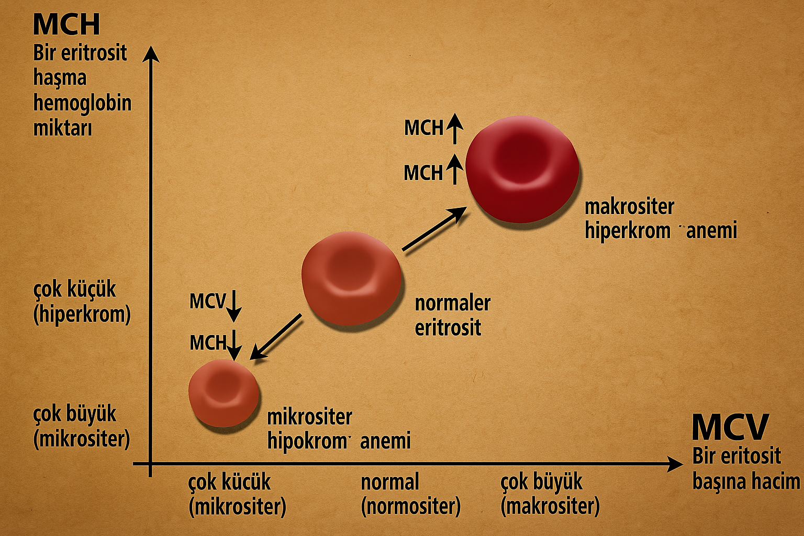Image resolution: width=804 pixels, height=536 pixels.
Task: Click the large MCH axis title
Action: pos(66,24)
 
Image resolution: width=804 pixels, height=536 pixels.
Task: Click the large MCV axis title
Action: pos(730,427)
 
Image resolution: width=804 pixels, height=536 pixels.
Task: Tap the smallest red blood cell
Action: pos(224,393)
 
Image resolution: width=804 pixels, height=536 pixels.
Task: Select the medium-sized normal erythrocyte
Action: pos(351,278)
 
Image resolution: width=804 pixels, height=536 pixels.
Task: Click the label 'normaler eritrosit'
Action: pos(452,315)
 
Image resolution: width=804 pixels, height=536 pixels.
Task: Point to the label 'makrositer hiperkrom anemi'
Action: pos(660,218)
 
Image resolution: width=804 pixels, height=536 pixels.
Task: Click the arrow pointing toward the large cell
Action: pos(434,229)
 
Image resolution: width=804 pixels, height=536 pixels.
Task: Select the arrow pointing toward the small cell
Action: pos(276,337)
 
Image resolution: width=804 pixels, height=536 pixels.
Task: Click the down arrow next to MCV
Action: pos(234,306)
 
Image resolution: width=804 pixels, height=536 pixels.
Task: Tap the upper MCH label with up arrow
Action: pos(432,128)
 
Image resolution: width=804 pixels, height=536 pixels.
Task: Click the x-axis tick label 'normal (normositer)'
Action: pos(410,494)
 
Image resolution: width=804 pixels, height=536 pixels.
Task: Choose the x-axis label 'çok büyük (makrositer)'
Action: pos(550,494)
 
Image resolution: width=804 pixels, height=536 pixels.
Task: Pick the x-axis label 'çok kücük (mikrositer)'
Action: pos(237,494)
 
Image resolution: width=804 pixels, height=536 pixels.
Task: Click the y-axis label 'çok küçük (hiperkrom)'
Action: pos(82,301)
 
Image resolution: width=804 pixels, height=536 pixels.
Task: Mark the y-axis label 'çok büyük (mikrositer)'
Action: pos(81,426)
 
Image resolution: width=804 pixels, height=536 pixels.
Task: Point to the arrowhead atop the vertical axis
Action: pos(151,53)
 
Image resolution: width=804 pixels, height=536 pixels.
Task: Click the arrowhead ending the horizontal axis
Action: pos(675,464)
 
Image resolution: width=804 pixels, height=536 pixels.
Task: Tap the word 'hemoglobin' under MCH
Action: pos(82,103)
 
